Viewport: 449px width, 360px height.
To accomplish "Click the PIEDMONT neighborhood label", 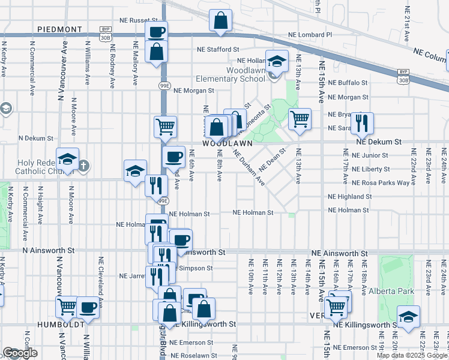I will pos(59,29).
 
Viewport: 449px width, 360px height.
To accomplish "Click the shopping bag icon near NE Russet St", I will pos(221,20).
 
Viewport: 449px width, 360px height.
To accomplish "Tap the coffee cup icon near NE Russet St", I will pos(156,31).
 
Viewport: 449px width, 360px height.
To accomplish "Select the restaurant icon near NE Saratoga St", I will pos(362,122).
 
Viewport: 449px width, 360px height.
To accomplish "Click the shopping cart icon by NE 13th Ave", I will pos(299,118).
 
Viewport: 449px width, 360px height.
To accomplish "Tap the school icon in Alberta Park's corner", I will pos(408,317).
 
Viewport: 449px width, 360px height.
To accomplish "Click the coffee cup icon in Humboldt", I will pos(88,307).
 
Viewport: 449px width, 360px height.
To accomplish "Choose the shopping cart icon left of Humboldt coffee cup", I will pos(67,307).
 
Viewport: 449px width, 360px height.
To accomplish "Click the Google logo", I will pos(20,353).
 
